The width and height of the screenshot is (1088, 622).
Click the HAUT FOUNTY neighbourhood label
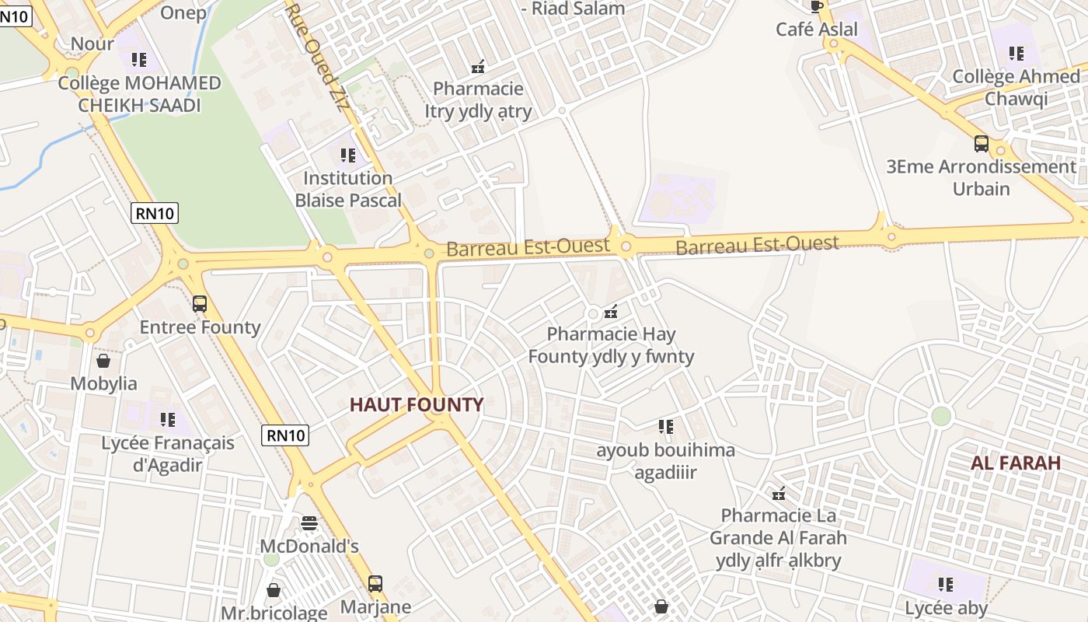tap(417, 404)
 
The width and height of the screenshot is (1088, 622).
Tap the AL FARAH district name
tap(1015, 463)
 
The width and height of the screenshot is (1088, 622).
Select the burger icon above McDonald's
tap(309, 522)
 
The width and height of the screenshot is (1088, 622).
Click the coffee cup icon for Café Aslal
tap(817, 7)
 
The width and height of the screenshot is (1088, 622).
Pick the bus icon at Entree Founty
tap(200, 304)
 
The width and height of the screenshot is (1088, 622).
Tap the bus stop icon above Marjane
tap(375, 583)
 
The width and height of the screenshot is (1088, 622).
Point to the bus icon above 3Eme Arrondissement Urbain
tap(982, 144)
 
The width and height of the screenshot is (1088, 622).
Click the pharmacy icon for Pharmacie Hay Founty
tap(612, 312)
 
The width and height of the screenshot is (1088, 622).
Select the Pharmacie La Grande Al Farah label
tap(778, 537)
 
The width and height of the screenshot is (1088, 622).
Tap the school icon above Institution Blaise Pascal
tap(347, 155)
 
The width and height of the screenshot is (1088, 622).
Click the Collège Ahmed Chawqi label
tap(1016, 87)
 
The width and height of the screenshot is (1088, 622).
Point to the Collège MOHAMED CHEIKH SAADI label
tap(140, 94)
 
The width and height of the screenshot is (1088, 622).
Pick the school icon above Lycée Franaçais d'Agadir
tap(167, 420)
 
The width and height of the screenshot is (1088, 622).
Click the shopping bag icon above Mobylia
tap(103, 361)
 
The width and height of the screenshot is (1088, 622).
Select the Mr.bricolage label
tap(274, 613)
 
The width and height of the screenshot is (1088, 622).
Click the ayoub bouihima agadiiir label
tap(665, 461)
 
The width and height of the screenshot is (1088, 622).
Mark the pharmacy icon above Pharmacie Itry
tap(478, 67)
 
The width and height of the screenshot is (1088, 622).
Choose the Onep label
tap(183, 12)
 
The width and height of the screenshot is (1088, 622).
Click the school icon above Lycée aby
tap(945, 584)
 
